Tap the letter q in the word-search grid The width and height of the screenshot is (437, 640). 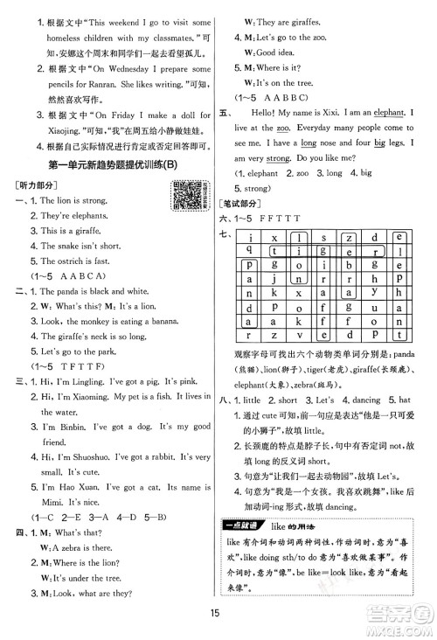pos(250,248)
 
